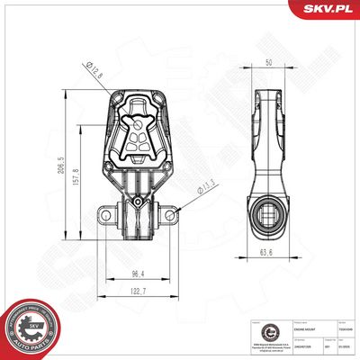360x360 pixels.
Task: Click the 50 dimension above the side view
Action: tap(267, 62)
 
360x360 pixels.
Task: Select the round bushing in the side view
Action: tap(267, 216)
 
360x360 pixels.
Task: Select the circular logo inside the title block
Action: tap(255, 332)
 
